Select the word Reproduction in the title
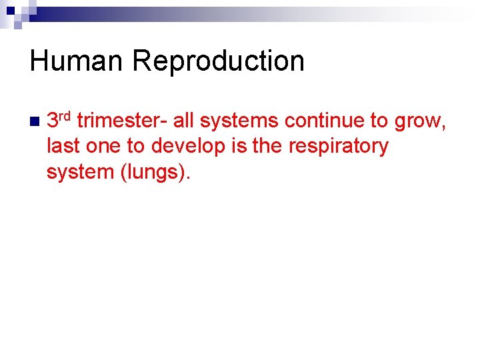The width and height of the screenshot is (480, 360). click(x=218, y=61)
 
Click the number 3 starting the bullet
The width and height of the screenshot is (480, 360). click(x=53, y=121)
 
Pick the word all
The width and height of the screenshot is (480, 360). click(x=183, y=121)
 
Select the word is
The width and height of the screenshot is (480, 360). click(x=239, y=146)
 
